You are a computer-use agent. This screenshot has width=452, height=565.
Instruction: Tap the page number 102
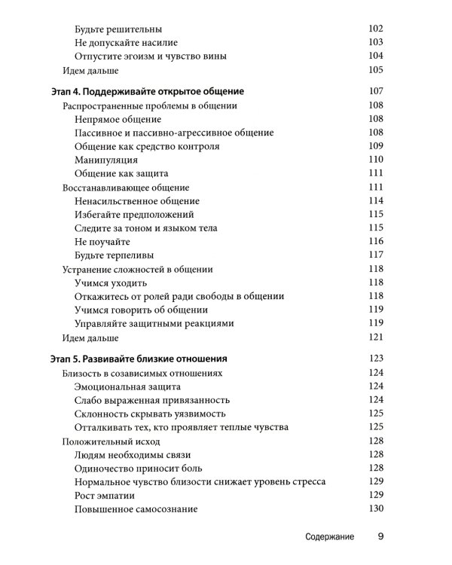click(376, 29)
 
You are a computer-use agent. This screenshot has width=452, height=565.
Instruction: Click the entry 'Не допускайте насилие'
click(127, 42)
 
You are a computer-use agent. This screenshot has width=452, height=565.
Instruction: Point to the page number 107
click(376, 92)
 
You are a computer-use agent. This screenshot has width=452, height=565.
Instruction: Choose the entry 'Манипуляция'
click(106, 160)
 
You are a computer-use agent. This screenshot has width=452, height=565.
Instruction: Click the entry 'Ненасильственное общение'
click(137, 201)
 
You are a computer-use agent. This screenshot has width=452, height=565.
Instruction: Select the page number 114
click(376, 201)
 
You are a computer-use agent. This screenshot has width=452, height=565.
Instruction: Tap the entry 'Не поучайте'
click(102, 242)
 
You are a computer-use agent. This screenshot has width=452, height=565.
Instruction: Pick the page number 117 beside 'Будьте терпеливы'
click(376, 255)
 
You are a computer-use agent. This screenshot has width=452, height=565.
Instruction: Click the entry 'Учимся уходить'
click(111, 282)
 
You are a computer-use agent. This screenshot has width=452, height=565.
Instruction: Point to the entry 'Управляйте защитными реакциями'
click(154, 323)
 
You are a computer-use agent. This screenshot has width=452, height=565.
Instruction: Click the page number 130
click(376, 509)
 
